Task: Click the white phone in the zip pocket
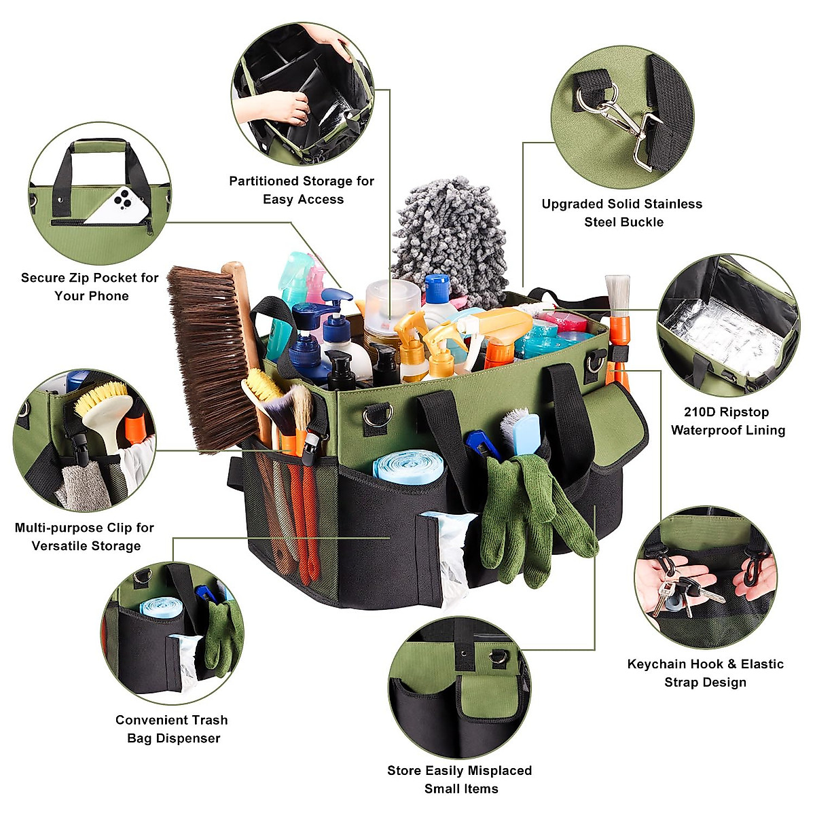pos(120,204)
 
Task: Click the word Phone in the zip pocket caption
pos(111,296)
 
